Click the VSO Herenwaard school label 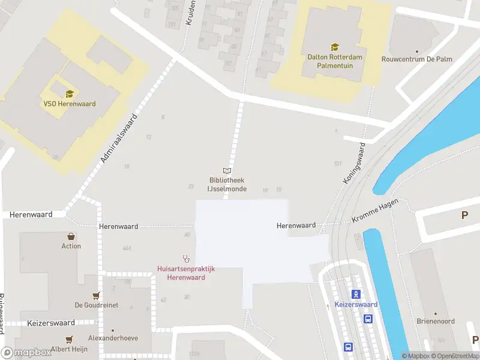click(x=70, y=104)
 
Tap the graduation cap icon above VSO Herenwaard click(x=70, y=94)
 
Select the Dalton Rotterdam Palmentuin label click(x=334, y=61)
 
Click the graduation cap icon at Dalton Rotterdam click(x=334, y=47)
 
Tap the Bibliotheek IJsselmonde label click(x=226, y=184)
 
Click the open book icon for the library click(x=227, y=170)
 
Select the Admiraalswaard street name click(x=119, y=139)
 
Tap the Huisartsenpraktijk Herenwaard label click(x=186, y=273)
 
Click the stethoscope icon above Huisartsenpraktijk click(x=186, y=259)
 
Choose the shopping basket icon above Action click(x=71, y=236)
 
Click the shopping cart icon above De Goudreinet click(x=96, y=295)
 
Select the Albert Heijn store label click(x=70, y=349)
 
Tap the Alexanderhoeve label click(x=113, y=338)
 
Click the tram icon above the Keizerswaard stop click(x=356, y=293)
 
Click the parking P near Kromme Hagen click(x=464, y=215)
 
